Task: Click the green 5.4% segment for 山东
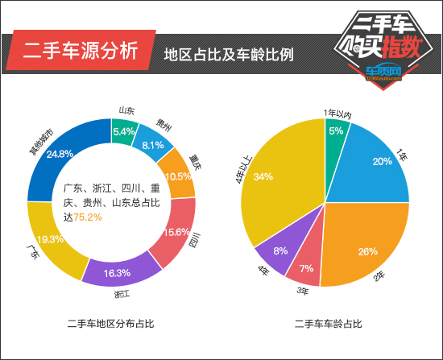(x=124, y=131)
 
